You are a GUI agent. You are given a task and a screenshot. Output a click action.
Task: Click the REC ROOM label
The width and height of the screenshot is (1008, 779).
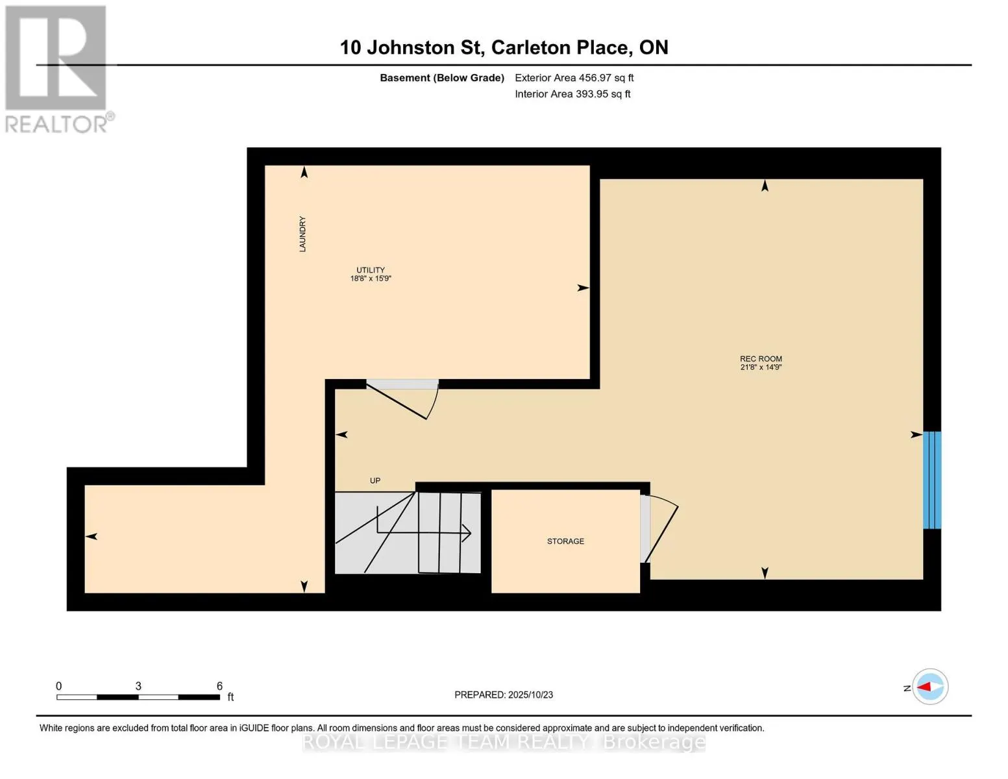coord(761,358)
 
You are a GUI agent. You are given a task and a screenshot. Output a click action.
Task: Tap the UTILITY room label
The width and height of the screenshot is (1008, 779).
coord(370,270)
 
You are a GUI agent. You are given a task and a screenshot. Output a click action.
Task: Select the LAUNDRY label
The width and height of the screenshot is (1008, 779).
coord(302,234)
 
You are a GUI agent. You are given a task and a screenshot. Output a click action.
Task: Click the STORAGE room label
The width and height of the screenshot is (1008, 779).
coord(565,541)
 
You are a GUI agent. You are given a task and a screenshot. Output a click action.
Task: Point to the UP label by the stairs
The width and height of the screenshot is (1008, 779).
coord(375,480)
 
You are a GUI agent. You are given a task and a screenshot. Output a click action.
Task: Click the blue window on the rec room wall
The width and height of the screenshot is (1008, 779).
coord(932,480)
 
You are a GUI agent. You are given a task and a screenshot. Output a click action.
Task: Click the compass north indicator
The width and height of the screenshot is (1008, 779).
coord(929,687)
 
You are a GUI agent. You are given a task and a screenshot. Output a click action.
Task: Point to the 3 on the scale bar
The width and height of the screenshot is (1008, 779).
coord(138,686)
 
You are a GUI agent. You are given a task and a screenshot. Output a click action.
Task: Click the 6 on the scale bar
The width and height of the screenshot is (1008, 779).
coord(219,686)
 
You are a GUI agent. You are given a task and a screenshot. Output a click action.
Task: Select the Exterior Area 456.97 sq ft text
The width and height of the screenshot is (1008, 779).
coord(574,78)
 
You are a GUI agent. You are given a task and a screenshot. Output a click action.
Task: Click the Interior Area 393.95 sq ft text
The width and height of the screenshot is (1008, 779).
coord(572,94)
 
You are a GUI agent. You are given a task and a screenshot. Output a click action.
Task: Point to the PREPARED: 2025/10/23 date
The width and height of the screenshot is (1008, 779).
coord(504,695)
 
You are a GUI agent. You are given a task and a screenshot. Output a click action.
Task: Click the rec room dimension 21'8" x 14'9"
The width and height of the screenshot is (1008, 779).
coord(761,367)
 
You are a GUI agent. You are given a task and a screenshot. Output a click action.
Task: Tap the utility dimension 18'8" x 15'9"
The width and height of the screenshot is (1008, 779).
coord(370,278)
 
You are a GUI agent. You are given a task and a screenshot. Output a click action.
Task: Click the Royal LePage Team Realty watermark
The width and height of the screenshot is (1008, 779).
coord(504,742)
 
